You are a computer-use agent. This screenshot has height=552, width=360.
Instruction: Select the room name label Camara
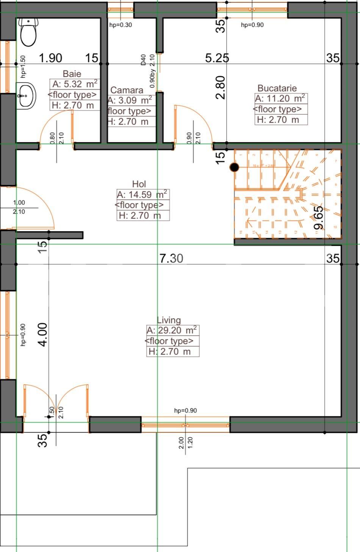[x=127, y=90]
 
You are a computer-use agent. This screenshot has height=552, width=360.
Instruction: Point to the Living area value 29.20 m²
[x=172, y=330]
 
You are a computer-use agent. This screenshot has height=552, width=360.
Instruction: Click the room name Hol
[x=139, y=184]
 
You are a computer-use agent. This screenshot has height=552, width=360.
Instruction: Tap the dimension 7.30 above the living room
[x=171, y=258]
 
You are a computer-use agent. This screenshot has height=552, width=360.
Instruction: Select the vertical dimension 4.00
[x=43, y=334]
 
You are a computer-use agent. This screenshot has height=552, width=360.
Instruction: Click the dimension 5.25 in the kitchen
[x=217, y=58]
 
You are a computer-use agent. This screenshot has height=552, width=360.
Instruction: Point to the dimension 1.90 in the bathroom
[x=51, y=58]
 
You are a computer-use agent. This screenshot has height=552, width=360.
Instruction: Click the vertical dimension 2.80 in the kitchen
[x=221, y=88]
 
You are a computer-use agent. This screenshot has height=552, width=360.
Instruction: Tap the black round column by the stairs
[x=235, y=167]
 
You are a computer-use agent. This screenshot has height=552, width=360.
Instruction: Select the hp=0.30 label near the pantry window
[x=121, y=25]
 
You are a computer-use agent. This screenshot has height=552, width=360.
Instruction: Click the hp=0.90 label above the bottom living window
[x=185, y=410]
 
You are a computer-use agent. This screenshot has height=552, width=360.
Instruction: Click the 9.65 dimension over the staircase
[x=319, y=218]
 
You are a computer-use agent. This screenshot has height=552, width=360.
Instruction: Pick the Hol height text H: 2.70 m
[x=139, y=216]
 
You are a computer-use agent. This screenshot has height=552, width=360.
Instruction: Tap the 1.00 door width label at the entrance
[x=19, y=203]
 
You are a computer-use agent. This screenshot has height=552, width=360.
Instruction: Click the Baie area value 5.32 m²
[x=75, y=84]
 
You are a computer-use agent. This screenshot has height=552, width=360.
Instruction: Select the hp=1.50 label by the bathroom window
[x=23, y=67]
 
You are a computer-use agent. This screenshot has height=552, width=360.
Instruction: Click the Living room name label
[x=169, y=320]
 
